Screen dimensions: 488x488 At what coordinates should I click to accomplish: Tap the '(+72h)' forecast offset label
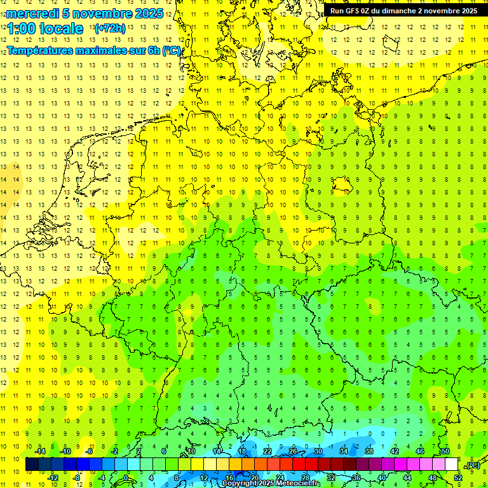tap(110, 29)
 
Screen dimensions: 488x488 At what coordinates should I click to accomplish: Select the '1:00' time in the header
tap(21, 29)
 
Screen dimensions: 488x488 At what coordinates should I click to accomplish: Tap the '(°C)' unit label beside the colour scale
tap(472, 465)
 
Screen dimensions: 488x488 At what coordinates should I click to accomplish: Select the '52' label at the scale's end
tap(458, 478)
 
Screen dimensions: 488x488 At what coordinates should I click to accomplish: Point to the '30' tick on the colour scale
tap(318, 451)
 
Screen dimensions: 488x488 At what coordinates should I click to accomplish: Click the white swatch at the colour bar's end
tap(451, 464)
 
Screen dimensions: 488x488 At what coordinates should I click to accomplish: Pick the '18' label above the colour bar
tap(242, 451)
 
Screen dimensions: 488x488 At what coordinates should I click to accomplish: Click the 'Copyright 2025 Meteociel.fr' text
tap(271, 484)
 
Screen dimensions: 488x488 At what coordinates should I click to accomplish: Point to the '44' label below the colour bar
tap(407, 478)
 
